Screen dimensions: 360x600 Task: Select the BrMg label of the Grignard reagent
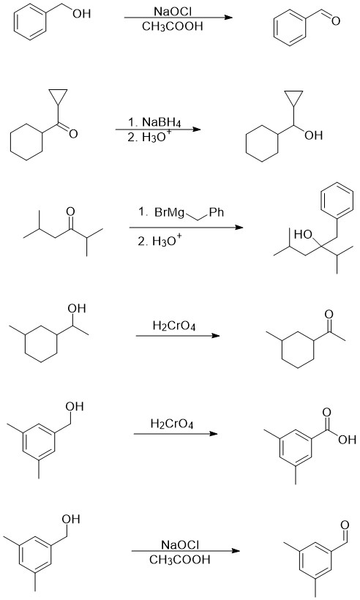[170, 212]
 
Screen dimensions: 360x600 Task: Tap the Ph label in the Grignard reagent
[216, 212]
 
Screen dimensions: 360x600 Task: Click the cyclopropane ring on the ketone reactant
[58, 96]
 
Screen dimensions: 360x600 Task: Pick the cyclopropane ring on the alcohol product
[293, 97]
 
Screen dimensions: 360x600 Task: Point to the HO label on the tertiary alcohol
[304, 235]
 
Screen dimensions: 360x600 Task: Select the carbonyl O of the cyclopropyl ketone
[73, 134]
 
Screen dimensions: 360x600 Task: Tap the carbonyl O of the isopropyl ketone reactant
[70, 211]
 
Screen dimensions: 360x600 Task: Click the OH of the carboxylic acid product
[347, 440]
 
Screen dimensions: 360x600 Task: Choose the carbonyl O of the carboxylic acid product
[326, 413]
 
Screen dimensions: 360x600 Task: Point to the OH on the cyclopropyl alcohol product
[314, 135]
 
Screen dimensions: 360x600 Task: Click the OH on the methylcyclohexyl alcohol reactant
[77, 309]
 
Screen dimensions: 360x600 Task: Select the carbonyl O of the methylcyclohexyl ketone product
[329, 315]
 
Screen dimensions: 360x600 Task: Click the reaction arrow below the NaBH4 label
[158, 130]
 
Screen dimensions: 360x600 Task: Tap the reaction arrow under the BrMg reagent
[187, 228]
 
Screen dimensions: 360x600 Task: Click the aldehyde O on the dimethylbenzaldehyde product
[345, 525]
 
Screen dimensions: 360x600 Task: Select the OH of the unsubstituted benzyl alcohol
[82, 14]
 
